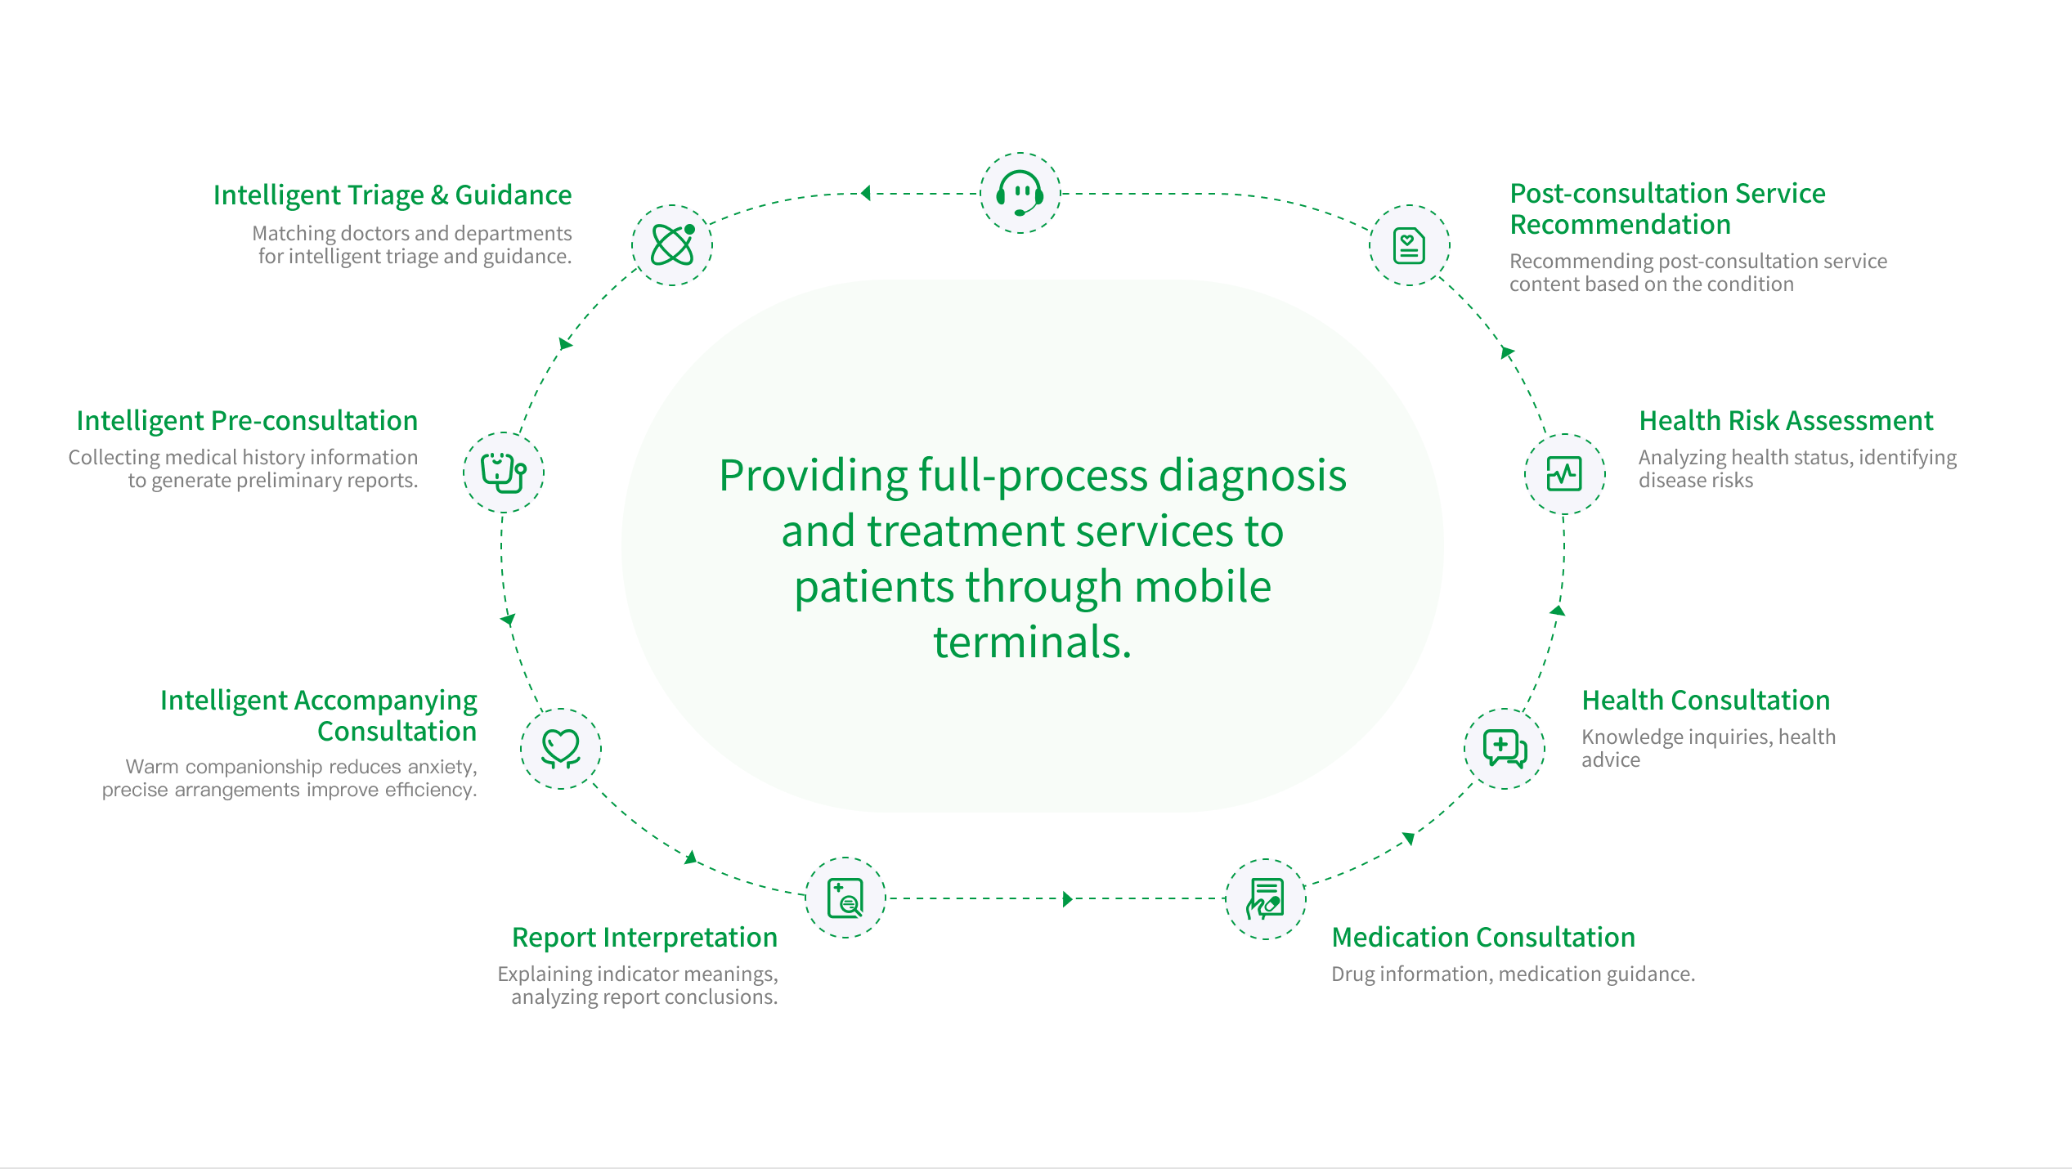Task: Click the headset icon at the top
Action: (1020, 193)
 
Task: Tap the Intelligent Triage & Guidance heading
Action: (392, 195)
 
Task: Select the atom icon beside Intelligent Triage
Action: (672, 244)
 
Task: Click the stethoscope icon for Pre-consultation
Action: (504, 473)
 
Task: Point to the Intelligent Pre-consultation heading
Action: (247, 421)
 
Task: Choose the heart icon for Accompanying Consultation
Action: (561, 748)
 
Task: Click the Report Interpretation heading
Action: (644, 938)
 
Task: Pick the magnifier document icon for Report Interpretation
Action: (845, 898)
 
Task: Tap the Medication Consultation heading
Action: (1483, 938)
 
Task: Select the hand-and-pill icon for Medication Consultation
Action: (1265, 898)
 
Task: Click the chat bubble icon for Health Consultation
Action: (1505, 748)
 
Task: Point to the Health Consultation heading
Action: (1706, 701)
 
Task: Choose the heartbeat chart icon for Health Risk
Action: (1564, 473)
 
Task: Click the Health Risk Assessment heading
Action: (1786, 421)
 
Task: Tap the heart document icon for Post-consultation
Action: (1409, 245)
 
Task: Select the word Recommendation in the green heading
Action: (1620, 225)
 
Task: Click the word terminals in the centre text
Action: (1032, 643)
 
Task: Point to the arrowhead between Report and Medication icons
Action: (1067, 899)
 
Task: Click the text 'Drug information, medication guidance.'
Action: (1513, 974)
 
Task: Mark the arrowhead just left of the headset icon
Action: (866, 194)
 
